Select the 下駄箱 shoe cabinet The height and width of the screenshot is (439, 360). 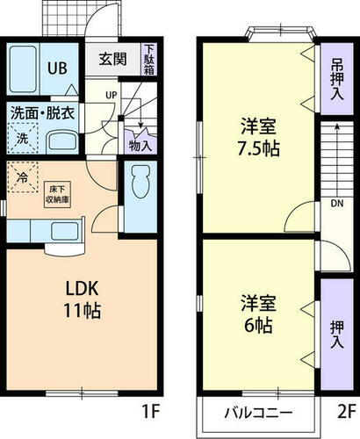[149, 60]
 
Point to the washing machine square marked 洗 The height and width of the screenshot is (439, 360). [24, 137]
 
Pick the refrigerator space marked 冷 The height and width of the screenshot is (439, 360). [24, 179]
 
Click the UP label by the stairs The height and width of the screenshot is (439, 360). [112, 94]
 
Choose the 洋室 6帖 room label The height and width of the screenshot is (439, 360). [257, 313]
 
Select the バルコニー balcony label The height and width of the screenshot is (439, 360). [257, 412]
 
